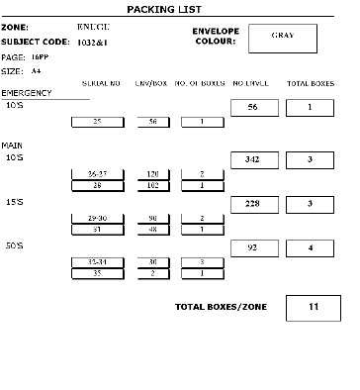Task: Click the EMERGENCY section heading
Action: tap(27, 93)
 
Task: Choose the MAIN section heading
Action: tap(13, 145)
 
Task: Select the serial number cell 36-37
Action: tap(97, 173)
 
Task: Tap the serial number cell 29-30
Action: tap(97, 218)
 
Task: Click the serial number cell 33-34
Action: tap(97, 262)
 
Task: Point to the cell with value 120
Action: tap(153, 173)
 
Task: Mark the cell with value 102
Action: tap(153, 185)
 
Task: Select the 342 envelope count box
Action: tap(254, 159)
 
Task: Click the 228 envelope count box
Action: tap(254, 204)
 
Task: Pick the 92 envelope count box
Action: tap(254, 248)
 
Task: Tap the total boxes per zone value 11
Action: tap(313, 307)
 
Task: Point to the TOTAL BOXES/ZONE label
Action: tap(218, 307)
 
